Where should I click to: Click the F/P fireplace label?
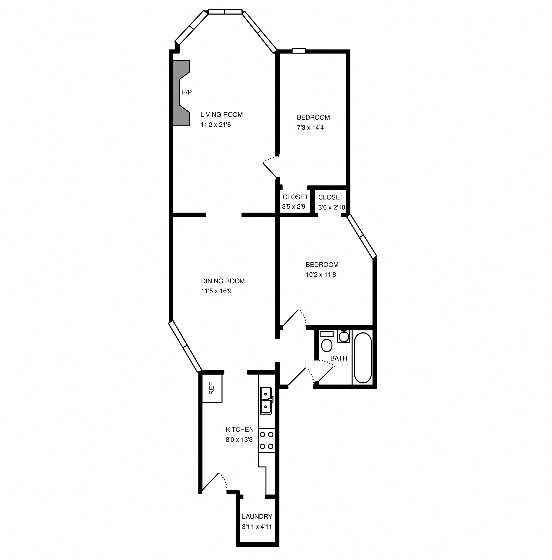pyautogui.click(x=187, y=92)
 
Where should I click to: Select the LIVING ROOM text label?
pyautogui.click(x=221, y=114)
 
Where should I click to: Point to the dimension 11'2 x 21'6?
pyautogui.click(x=216, y=125)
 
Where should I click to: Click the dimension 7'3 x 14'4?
pyautogui.click(x=310, y=127)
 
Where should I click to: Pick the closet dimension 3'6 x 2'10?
pyautogui.click(x=331, y=207)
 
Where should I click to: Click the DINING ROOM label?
pyautogui.click(x=223, y=281)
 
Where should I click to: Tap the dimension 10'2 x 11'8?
pyautogui.click(x=321, y=275)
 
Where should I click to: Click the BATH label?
pyautogui.click(x=339, y=358)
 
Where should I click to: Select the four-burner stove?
pyautogui.click(x=266, y=441)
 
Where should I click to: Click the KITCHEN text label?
pyautogui.click(x=240, y=429)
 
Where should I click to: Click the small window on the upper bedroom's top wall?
pyautogui.click(x=299, y=51)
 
